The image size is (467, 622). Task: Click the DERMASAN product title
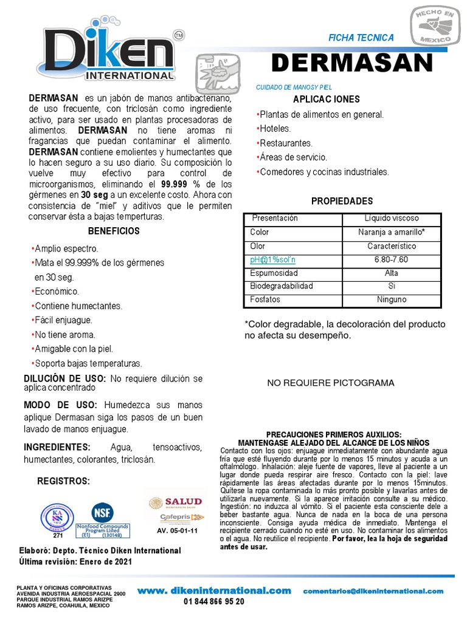(x=351, y=63)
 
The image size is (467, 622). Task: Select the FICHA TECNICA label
(x=361, y=38)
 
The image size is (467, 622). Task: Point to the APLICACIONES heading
(x=327, y=99)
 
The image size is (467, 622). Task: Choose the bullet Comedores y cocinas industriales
(x=323, y=172)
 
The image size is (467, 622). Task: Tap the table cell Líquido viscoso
(x=391, y=218)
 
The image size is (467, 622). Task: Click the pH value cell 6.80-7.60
(x=391, y=259)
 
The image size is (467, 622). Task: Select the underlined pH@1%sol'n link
(x=272, y=259)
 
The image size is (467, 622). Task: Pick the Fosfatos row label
(x=265, y=300)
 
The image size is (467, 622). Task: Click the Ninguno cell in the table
(x=391, y=300)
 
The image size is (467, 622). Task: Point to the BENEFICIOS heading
(x=114, y=231)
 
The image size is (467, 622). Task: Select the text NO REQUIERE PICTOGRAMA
(x=331, y=383)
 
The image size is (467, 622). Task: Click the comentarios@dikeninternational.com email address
(x=373, y=590)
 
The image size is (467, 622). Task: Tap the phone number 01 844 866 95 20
(x=214, y=601)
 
